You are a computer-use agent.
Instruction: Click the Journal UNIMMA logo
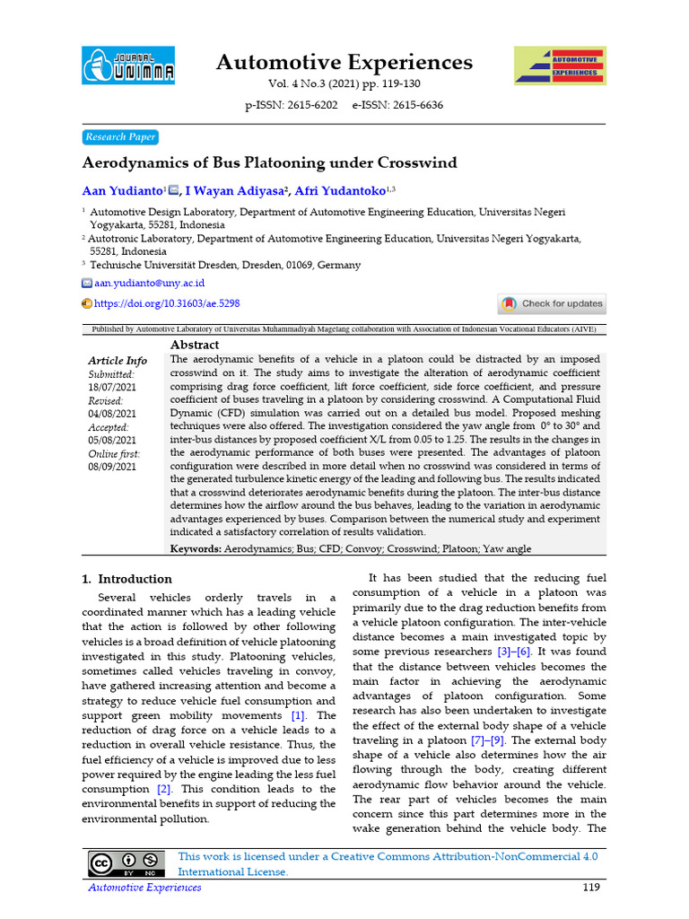(128, 66)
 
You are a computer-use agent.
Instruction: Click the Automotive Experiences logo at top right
(559, 66)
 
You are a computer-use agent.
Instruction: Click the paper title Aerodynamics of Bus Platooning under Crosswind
(257, 163)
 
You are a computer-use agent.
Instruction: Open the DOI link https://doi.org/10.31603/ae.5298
(167, 304)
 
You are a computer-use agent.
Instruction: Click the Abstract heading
(195, 345)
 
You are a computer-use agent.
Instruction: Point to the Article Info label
(118, 361)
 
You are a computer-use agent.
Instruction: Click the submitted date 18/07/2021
(112, 387)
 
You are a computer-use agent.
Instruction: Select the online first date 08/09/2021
(112, 466)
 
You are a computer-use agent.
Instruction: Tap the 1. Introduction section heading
(127, 579)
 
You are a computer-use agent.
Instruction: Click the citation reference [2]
(164, 789)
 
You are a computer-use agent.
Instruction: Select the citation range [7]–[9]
(490, 740)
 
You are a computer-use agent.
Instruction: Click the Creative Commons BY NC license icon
(126, 863)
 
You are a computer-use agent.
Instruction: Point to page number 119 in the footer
(590, 888)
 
